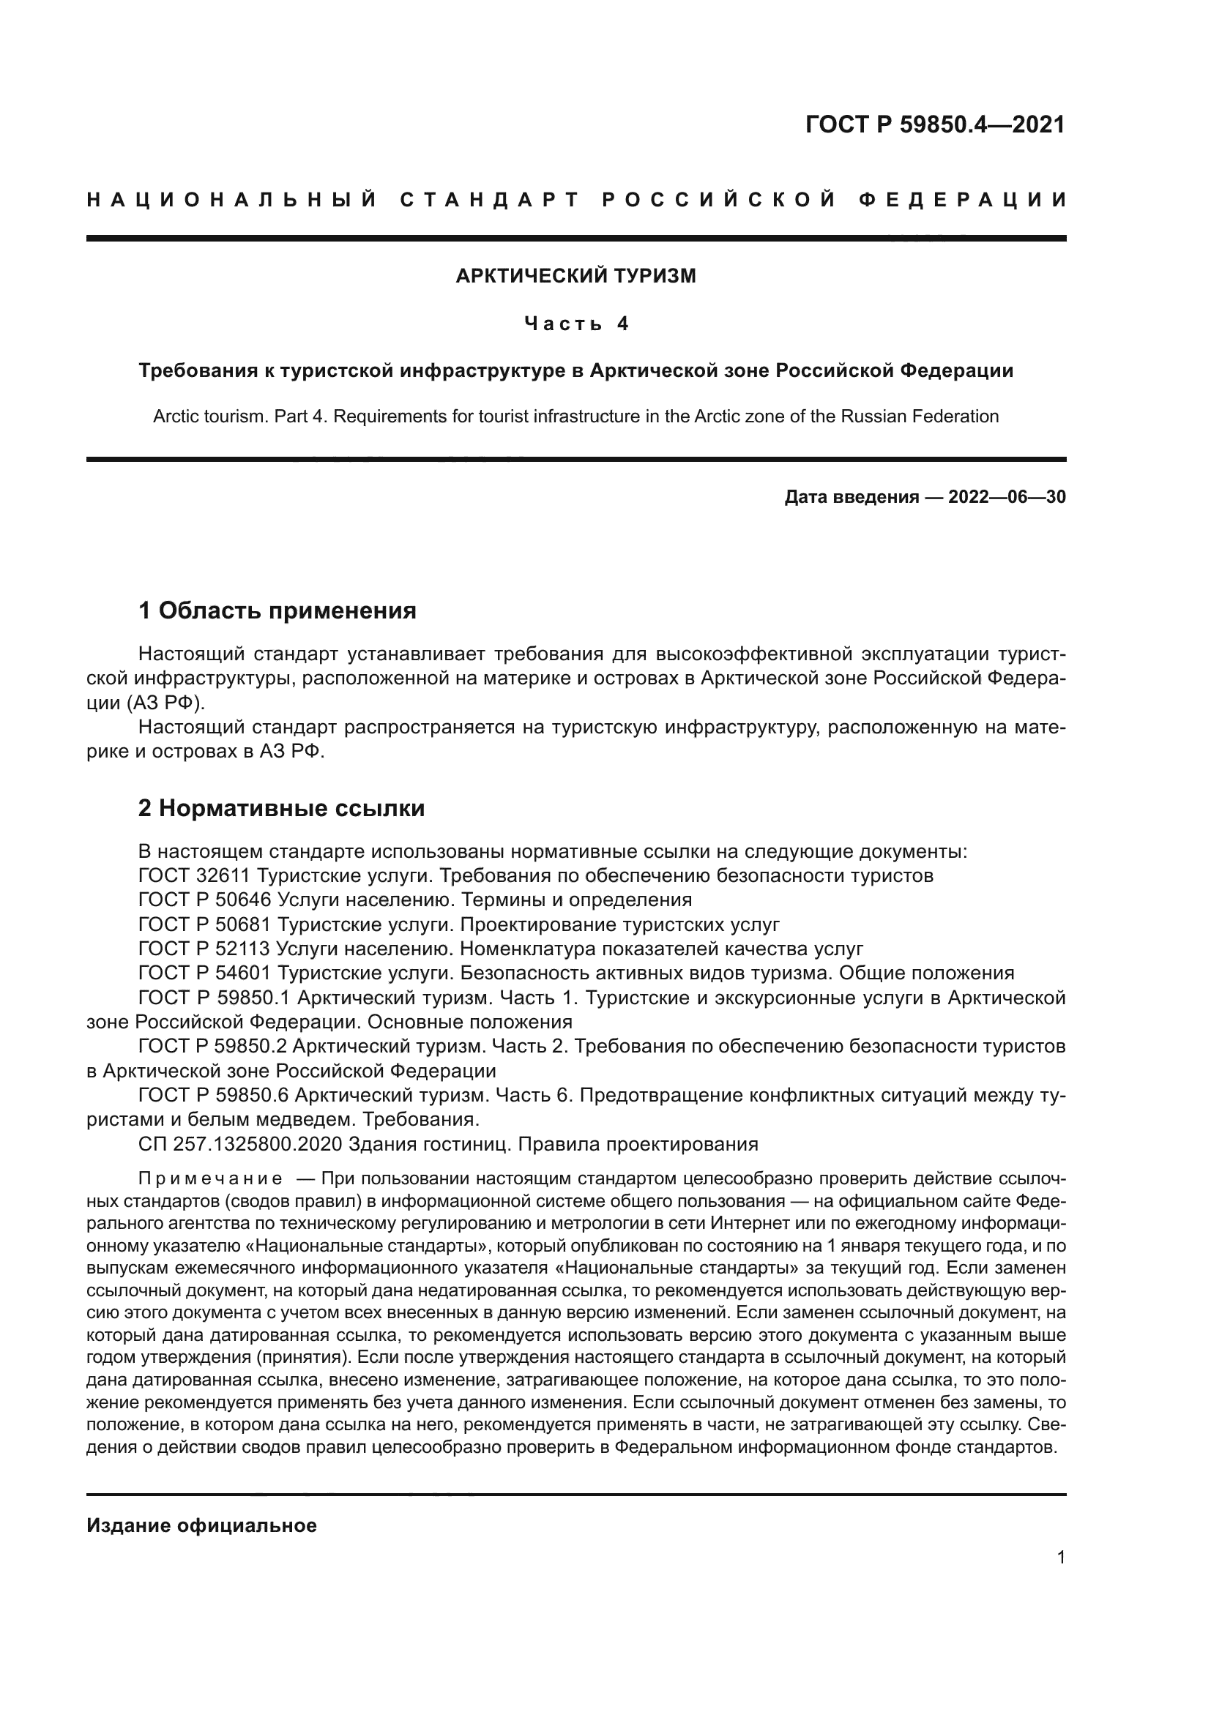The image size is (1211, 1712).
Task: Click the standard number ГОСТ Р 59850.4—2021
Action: (x=935, y=124)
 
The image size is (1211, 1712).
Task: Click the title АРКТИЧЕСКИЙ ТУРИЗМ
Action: (x=575, y=276)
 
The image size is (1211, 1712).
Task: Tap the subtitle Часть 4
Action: (x=575, y=324)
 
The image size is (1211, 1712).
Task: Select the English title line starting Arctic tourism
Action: (x=575, y=416)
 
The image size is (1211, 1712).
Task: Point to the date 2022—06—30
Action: (x=1007, y=497)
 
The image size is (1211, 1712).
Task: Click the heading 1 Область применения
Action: (x=277, y=610)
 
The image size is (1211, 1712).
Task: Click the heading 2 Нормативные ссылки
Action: (x=281, y=808)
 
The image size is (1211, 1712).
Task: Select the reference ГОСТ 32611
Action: (x=194, y=875)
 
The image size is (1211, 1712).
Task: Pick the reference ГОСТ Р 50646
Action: (x=204, y=900)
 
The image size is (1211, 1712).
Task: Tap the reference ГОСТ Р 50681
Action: (x=204, y=924)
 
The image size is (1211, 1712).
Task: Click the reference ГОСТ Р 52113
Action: (x=204, y=949)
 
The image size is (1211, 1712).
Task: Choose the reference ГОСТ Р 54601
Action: (x=204, y=973)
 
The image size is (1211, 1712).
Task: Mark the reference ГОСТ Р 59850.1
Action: (x=212, y=998)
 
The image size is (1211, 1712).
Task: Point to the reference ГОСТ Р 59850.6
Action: (x=212, y=1096)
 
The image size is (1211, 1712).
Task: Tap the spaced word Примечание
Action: (x=210, y=1179)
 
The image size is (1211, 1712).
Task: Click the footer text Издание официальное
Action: (x=201, y=1525)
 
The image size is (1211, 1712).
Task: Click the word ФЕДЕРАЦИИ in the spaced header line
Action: (x=963, y=200)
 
